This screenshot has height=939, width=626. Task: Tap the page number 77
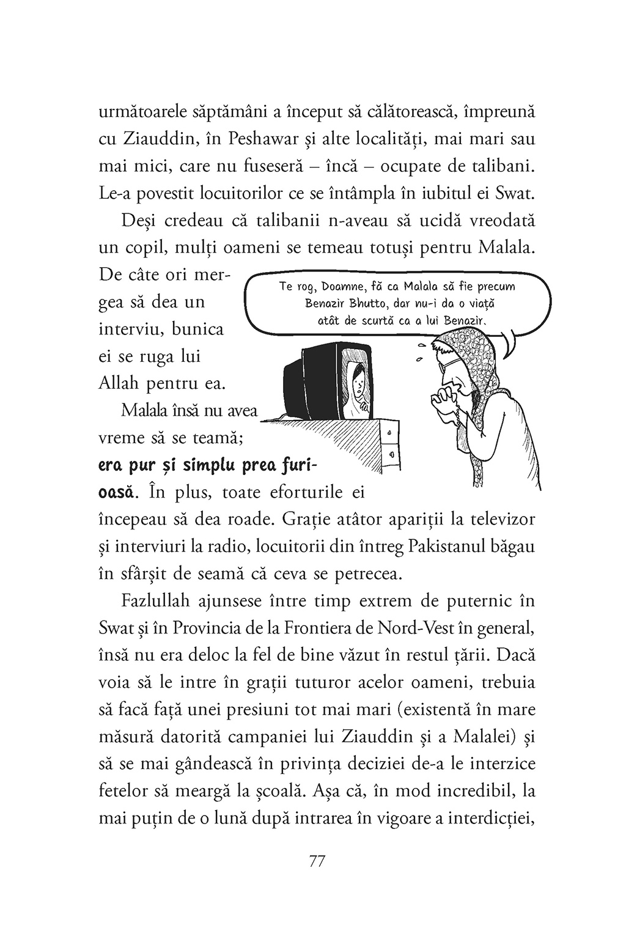click(x=317, y=861)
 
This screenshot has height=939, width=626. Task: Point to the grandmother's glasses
click(x=455, y=363)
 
